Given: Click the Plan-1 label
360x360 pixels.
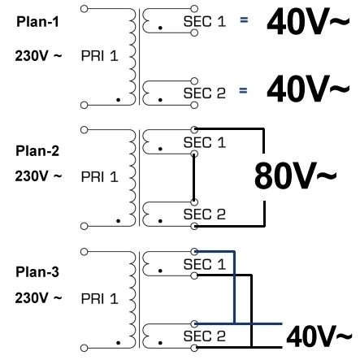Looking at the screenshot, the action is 37,22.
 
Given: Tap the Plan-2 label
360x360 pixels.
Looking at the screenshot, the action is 37,150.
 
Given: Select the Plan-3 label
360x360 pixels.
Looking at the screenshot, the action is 37,271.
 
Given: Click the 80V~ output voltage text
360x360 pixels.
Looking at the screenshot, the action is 295,176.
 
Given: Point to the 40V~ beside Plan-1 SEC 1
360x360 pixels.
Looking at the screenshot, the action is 308,22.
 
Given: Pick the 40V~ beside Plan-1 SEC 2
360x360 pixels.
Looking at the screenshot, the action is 308,89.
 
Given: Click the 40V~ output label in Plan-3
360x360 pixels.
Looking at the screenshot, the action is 319,336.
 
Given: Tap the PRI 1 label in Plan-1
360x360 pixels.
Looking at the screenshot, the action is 99,56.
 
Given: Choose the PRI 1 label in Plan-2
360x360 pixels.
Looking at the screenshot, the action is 99,177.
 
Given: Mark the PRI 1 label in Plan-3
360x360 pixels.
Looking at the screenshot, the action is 99,299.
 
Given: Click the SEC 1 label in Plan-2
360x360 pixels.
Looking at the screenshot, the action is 205,142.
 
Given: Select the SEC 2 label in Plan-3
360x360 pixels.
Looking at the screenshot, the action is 205,336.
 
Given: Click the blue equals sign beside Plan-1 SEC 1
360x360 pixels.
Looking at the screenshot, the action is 244,20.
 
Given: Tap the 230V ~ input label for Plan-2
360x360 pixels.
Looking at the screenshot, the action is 38,176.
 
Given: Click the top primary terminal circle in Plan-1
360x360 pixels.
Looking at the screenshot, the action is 85,9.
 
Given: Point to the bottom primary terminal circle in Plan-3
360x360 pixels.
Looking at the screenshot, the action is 85,348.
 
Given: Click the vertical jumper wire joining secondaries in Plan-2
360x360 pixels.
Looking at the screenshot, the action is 194,178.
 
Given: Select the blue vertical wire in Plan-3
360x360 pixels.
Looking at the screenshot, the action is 235,288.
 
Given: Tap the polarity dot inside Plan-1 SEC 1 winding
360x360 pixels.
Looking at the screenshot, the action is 160,28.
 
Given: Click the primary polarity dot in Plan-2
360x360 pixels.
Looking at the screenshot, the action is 118,221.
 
